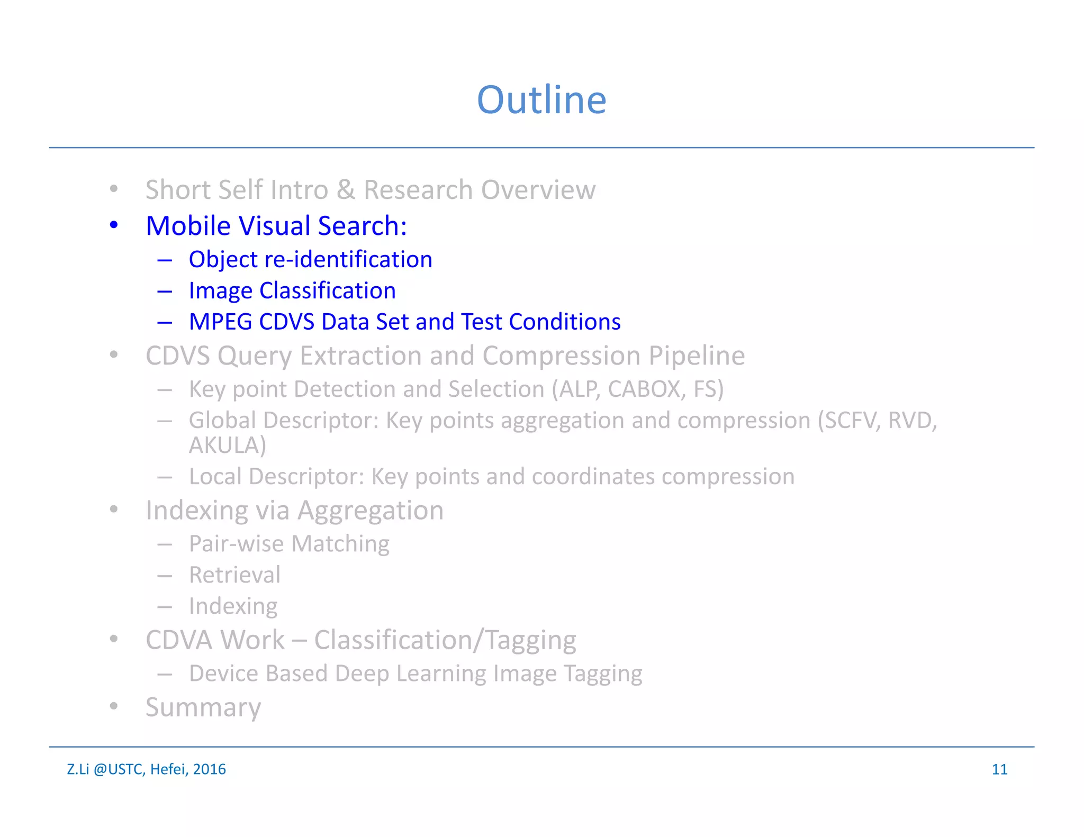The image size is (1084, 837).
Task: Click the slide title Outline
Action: (541, 100)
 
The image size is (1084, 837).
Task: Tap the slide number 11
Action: (999, 769)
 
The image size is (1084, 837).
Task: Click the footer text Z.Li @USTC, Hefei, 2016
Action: (146, 769)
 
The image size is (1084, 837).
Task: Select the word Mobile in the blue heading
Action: (188, 226)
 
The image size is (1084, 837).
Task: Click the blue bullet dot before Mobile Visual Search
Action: (114, 225)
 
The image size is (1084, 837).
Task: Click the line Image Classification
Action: (292, 291)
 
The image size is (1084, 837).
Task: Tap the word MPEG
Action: (220, 322)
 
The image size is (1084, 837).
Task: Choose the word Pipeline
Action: (697, 356)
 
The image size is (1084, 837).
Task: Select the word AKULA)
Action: (228, 445)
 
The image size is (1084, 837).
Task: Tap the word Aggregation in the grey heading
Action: (371, 511)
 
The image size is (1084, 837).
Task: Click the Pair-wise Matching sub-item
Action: (289, 544)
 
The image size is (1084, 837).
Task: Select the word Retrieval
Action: (235, 575)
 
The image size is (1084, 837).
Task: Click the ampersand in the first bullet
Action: (346, 190)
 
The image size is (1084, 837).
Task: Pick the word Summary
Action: (203, 708)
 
